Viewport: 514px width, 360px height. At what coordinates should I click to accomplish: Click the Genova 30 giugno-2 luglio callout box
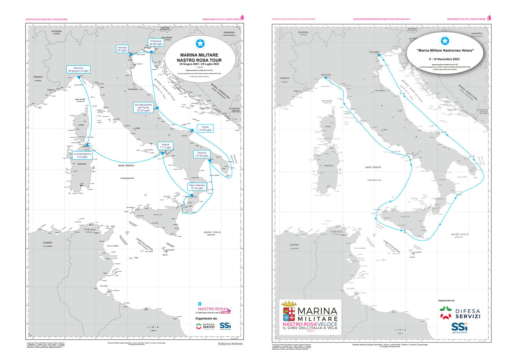point(78,69)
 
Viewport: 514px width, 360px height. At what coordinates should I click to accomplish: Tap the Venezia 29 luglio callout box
point(122,49)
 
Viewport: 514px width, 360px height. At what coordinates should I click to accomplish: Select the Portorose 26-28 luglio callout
point(156,42)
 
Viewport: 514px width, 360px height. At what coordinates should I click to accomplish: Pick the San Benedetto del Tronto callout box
point(143,108)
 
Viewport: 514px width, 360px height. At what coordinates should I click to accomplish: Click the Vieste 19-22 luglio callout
point(205,128)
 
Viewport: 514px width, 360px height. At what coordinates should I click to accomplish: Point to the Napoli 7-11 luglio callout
point(165,146)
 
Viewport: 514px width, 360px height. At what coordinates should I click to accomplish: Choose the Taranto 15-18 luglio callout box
point(202,154)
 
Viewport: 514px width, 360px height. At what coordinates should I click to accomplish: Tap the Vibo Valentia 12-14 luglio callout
point(197,187)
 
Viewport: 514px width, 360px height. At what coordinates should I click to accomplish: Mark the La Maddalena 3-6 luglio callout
point(82,155)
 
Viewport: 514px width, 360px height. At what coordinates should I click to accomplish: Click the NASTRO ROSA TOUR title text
point(199,60)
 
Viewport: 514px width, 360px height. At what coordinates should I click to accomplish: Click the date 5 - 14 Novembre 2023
point(444,59)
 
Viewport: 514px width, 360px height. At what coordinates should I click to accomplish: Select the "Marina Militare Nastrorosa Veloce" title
point(445,51)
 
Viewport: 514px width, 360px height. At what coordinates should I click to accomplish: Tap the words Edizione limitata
point(230,344)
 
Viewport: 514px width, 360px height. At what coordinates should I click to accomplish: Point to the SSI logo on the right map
point(460,327)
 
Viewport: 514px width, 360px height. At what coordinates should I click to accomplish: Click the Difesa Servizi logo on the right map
point(460,313)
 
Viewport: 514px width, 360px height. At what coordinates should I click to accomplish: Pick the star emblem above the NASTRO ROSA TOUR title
point(200,44)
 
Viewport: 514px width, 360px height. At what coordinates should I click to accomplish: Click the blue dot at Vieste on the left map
point(192,130)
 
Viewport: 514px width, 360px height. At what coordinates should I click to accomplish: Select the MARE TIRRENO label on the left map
point(126,166)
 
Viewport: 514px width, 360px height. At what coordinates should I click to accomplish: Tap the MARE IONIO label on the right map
point(460,234)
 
